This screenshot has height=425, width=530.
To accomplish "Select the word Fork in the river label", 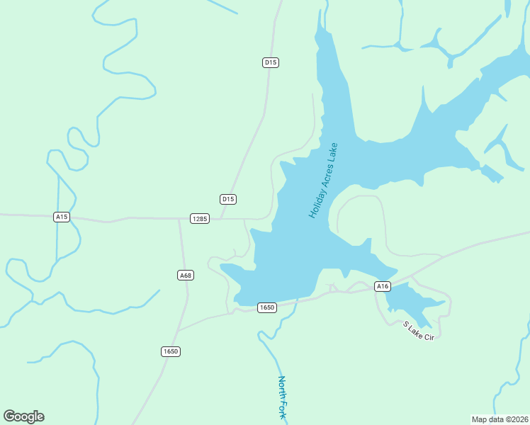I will coord(283,412).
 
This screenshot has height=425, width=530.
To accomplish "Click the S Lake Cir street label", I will coord(418,331).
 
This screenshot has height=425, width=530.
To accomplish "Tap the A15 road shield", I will coord(62,217).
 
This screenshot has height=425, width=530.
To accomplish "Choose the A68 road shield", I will coord(186,275).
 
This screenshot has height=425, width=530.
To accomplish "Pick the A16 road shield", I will coord(383,286).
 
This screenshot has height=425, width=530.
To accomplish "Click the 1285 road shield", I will coord(200,219).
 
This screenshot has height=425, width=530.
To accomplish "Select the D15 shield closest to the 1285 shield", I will coord(227,199).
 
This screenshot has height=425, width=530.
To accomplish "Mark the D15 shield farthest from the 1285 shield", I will coord(271,62).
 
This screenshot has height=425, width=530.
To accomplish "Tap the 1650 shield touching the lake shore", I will coord(266,307).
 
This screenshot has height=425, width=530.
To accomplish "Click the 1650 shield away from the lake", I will coord(170,351).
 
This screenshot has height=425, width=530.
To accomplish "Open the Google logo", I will coord(24,416).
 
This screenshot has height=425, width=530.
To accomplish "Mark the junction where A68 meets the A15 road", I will coord(179,220).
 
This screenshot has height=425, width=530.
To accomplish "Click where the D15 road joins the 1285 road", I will coord(218,219).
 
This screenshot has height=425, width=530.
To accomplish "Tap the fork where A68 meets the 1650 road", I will coord(178,330).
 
